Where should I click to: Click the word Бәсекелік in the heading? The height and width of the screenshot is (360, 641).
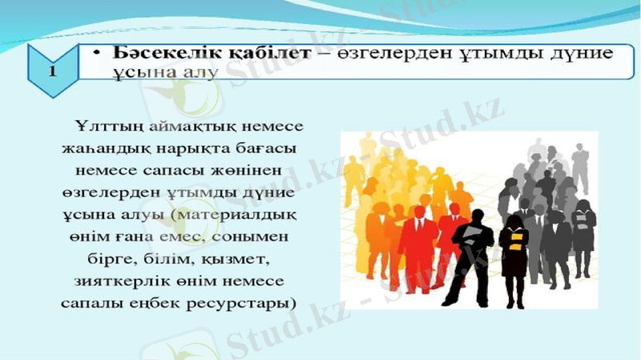coord(151,53)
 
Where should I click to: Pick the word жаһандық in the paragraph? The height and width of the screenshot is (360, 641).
coord(99,150)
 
